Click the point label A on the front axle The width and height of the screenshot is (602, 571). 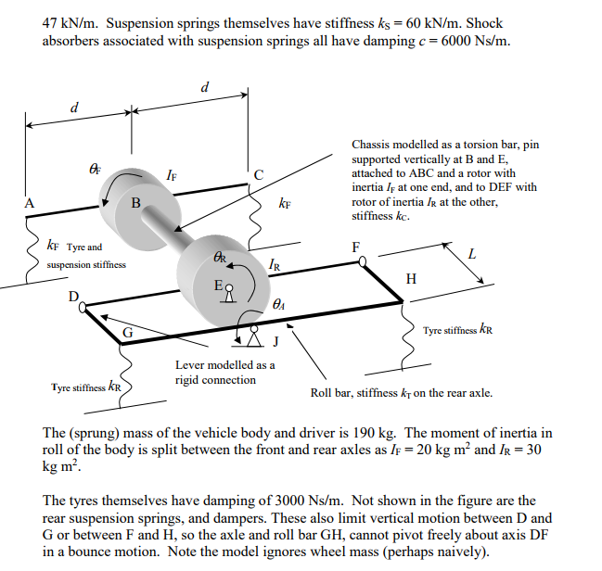[31, 203]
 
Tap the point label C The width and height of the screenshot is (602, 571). [259, 175]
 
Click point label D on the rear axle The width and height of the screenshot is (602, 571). [73, 297]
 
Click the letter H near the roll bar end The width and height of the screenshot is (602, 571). [411, 278]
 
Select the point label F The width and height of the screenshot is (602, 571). [355, 247]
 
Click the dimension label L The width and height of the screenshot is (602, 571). [472, 253]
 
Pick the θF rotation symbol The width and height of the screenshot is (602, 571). [94, 168]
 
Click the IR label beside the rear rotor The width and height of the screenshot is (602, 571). [275, 267]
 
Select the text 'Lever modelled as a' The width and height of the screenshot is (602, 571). [224, 364]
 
